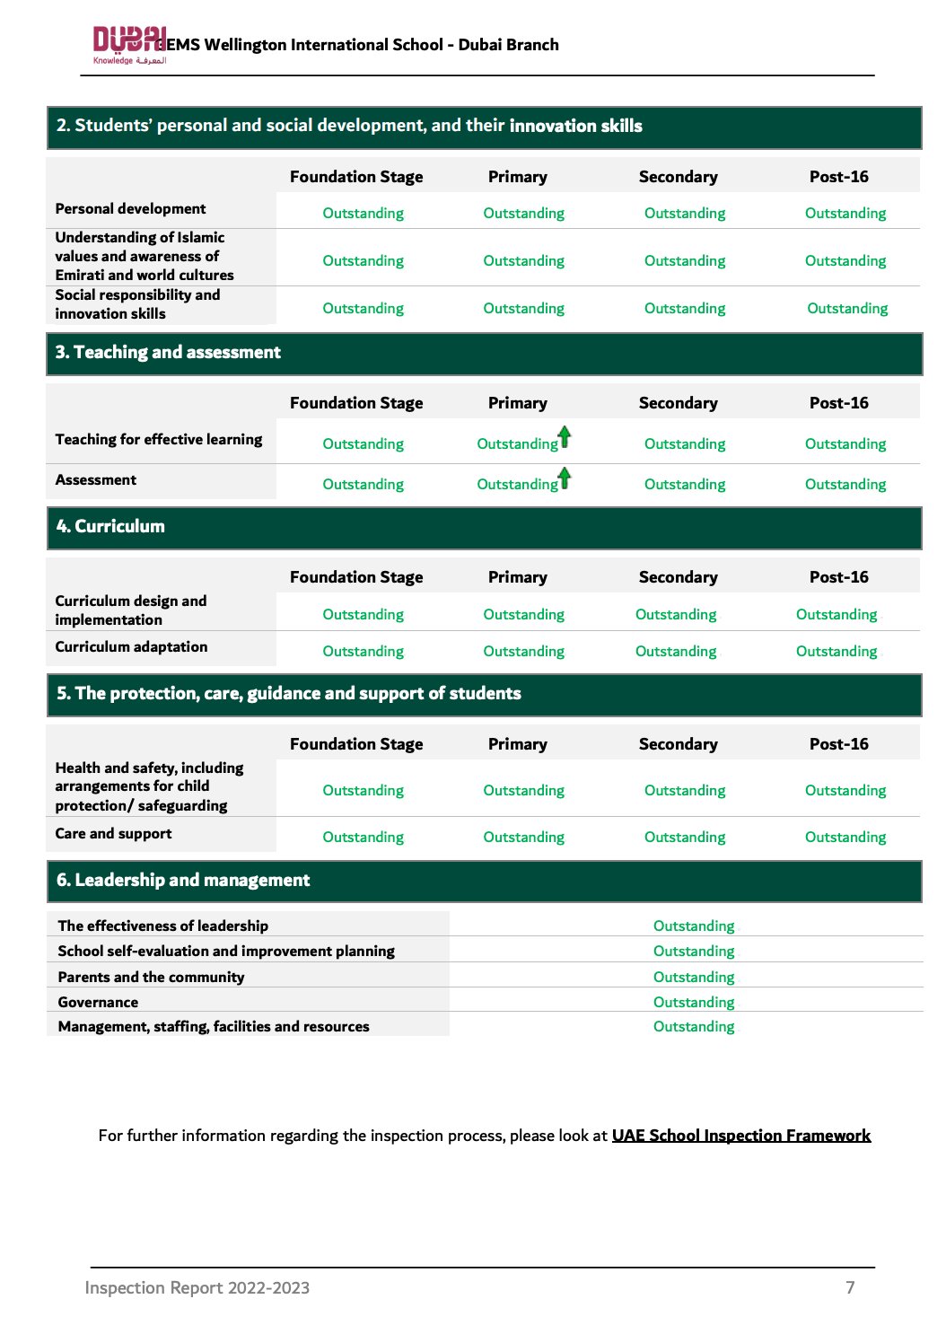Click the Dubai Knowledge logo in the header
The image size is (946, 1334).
(129, 45)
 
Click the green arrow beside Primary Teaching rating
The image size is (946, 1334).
(565, 437)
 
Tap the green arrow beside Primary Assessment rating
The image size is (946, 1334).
(565, 478)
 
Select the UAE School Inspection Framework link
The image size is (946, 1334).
(740, 1136)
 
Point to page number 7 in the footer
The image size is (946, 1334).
(850, 1287)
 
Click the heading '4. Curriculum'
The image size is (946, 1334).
(110, 527)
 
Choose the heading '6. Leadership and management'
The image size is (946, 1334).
(183, 881)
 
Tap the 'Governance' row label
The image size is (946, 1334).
(98, 1002)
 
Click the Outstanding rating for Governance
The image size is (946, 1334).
(694, 1002)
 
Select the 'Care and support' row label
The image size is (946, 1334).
(113, 834)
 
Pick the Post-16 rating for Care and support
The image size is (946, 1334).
(845, 838)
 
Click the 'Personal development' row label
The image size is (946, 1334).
(130, 209)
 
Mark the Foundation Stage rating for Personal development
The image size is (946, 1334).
(363, 214)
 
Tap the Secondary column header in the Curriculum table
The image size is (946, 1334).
(678, 577)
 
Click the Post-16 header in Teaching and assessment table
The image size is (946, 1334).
(838, 403)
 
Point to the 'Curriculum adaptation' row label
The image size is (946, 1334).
(131, 647)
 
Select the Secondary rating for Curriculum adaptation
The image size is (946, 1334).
(676, 652)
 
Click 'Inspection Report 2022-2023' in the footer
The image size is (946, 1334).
(197, 1287)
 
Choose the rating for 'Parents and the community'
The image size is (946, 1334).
(694, 977)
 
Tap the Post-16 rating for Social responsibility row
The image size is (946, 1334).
(847, 309)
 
